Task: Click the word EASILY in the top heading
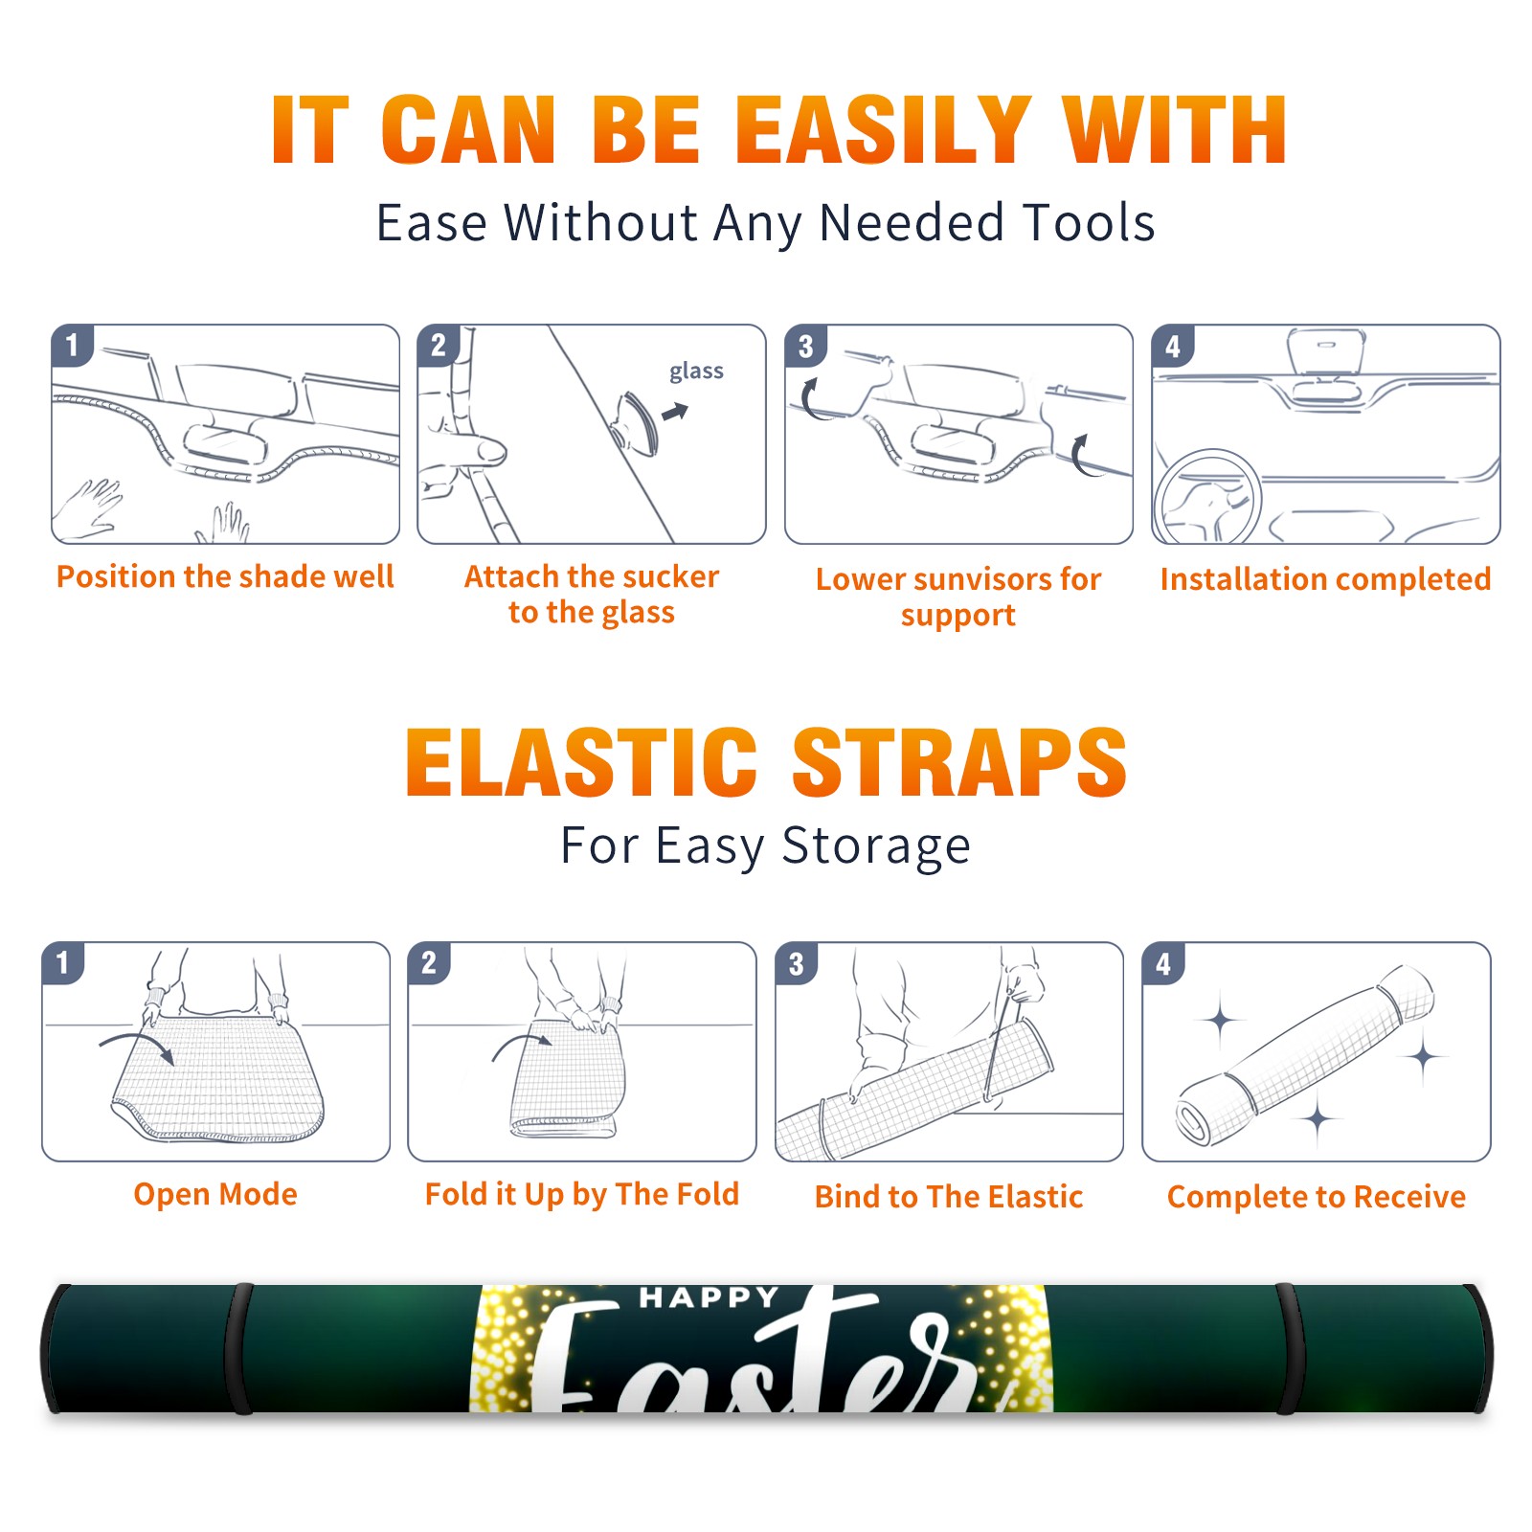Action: pyautogui.click(x=884, y=129)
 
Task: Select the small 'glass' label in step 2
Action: pyautogui.click(x=696, y=372)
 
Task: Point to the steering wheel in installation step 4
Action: pyautogui.click(x=1206, y=497)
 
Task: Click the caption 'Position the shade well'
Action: pyautogui.click(x=225, y=576)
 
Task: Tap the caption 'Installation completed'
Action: pyautogui.click(x=1325, y=578)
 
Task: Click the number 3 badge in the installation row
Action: pyautogui.click(x=804, y=346)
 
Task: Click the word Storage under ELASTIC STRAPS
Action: pyautogui.click(x=876, y=846)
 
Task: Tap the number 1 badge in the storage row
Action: pyautogui.click(x=63, y=962)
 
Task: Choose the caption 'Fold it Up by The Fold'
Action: pyautogui.click(x=582, y=1194)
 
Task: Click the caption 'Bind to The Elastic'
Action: pyautogui.click(x=949, y=1196)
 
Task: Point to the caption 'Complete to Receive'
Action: pyautogui.click(x=1317, y=1196)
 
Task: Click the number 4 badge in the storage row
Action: pyautogui.click(x=1162, y=963)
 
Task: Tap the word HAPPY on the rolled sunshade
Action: pyautogui.click(x=710, y=1297)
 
